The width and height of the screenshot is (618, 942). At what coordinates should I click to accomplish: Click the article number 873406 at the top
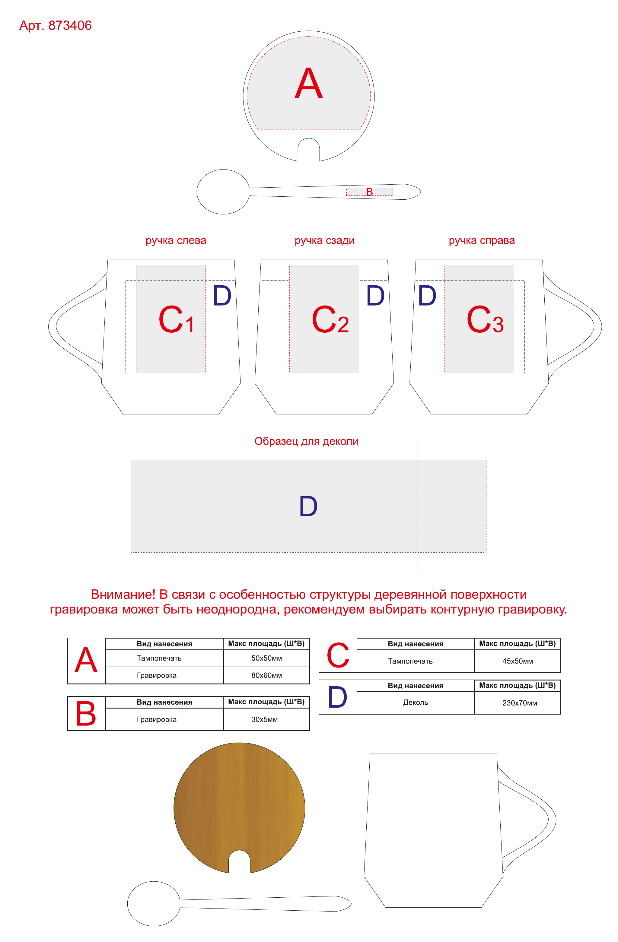point(70,25)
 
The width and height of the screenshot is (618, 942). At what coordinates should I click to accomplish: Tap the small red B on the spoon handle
point(369,192)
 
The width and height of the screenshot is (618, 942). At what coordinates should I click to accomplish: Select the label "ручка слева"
point(176,241)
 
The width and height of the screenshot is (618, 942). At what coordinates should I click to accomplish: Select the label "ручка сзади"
point(325,241)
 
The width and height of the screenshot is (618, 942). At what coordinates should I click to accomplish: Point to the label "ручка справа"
point(482,241)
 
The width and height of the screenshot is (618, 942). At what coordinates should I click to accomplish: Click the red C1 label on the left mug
point(176,319)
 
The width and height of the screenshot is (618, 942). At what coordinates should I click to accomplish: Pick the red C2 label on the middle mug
point(330,319)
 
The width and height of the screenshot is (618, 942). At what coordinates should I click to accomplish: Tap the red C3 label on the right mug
point(485,319)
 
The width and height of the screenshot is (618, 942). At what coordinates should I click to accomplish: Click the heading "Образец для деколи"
point(306,441)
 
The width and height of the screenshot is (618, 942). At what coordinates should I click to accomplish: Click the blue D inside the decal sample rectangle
point(308,506)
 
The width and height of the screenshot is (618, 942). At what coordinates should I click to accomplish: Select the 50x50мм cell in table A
point(266,658)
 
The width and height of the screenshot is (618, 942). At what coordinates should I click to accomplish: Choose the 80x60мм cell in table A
point(266,675)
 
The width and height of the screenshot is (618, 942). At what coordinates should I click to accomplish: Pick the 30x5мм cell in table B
point(264,720)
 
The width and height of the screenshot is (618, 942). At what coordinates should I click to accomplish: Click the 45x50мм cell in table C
point(518,661)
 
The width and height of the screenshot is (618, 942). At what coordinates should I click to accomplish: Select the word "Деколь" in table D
point(415,703)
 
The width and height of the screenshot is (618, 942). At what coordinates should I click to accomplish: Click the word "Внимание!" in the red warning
point(123,595)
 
